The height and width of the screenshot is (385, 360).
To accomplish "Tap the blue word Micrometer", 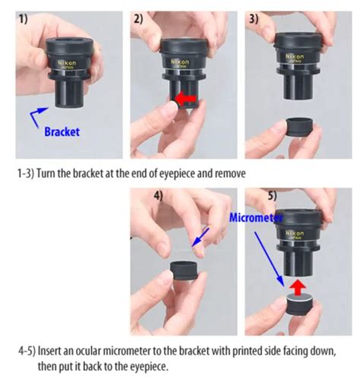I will coord(256,218).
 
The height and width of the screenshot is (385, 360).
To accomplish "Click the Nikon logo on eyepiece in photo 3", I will coord(297,56).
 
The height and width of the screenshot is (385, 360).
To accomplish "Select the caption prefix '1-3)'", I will coord(27,172).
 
